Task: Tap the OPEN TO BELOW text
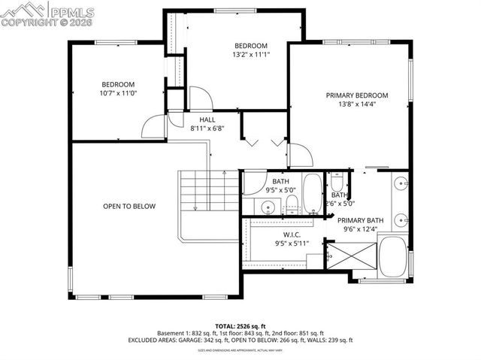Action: point(129,205)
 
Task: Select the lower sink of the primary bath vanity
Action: point(401,220)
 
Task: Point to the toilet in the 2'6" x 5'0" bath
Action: point(337,185)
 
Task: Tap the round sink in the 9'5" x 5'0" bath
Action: point(268,205)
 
